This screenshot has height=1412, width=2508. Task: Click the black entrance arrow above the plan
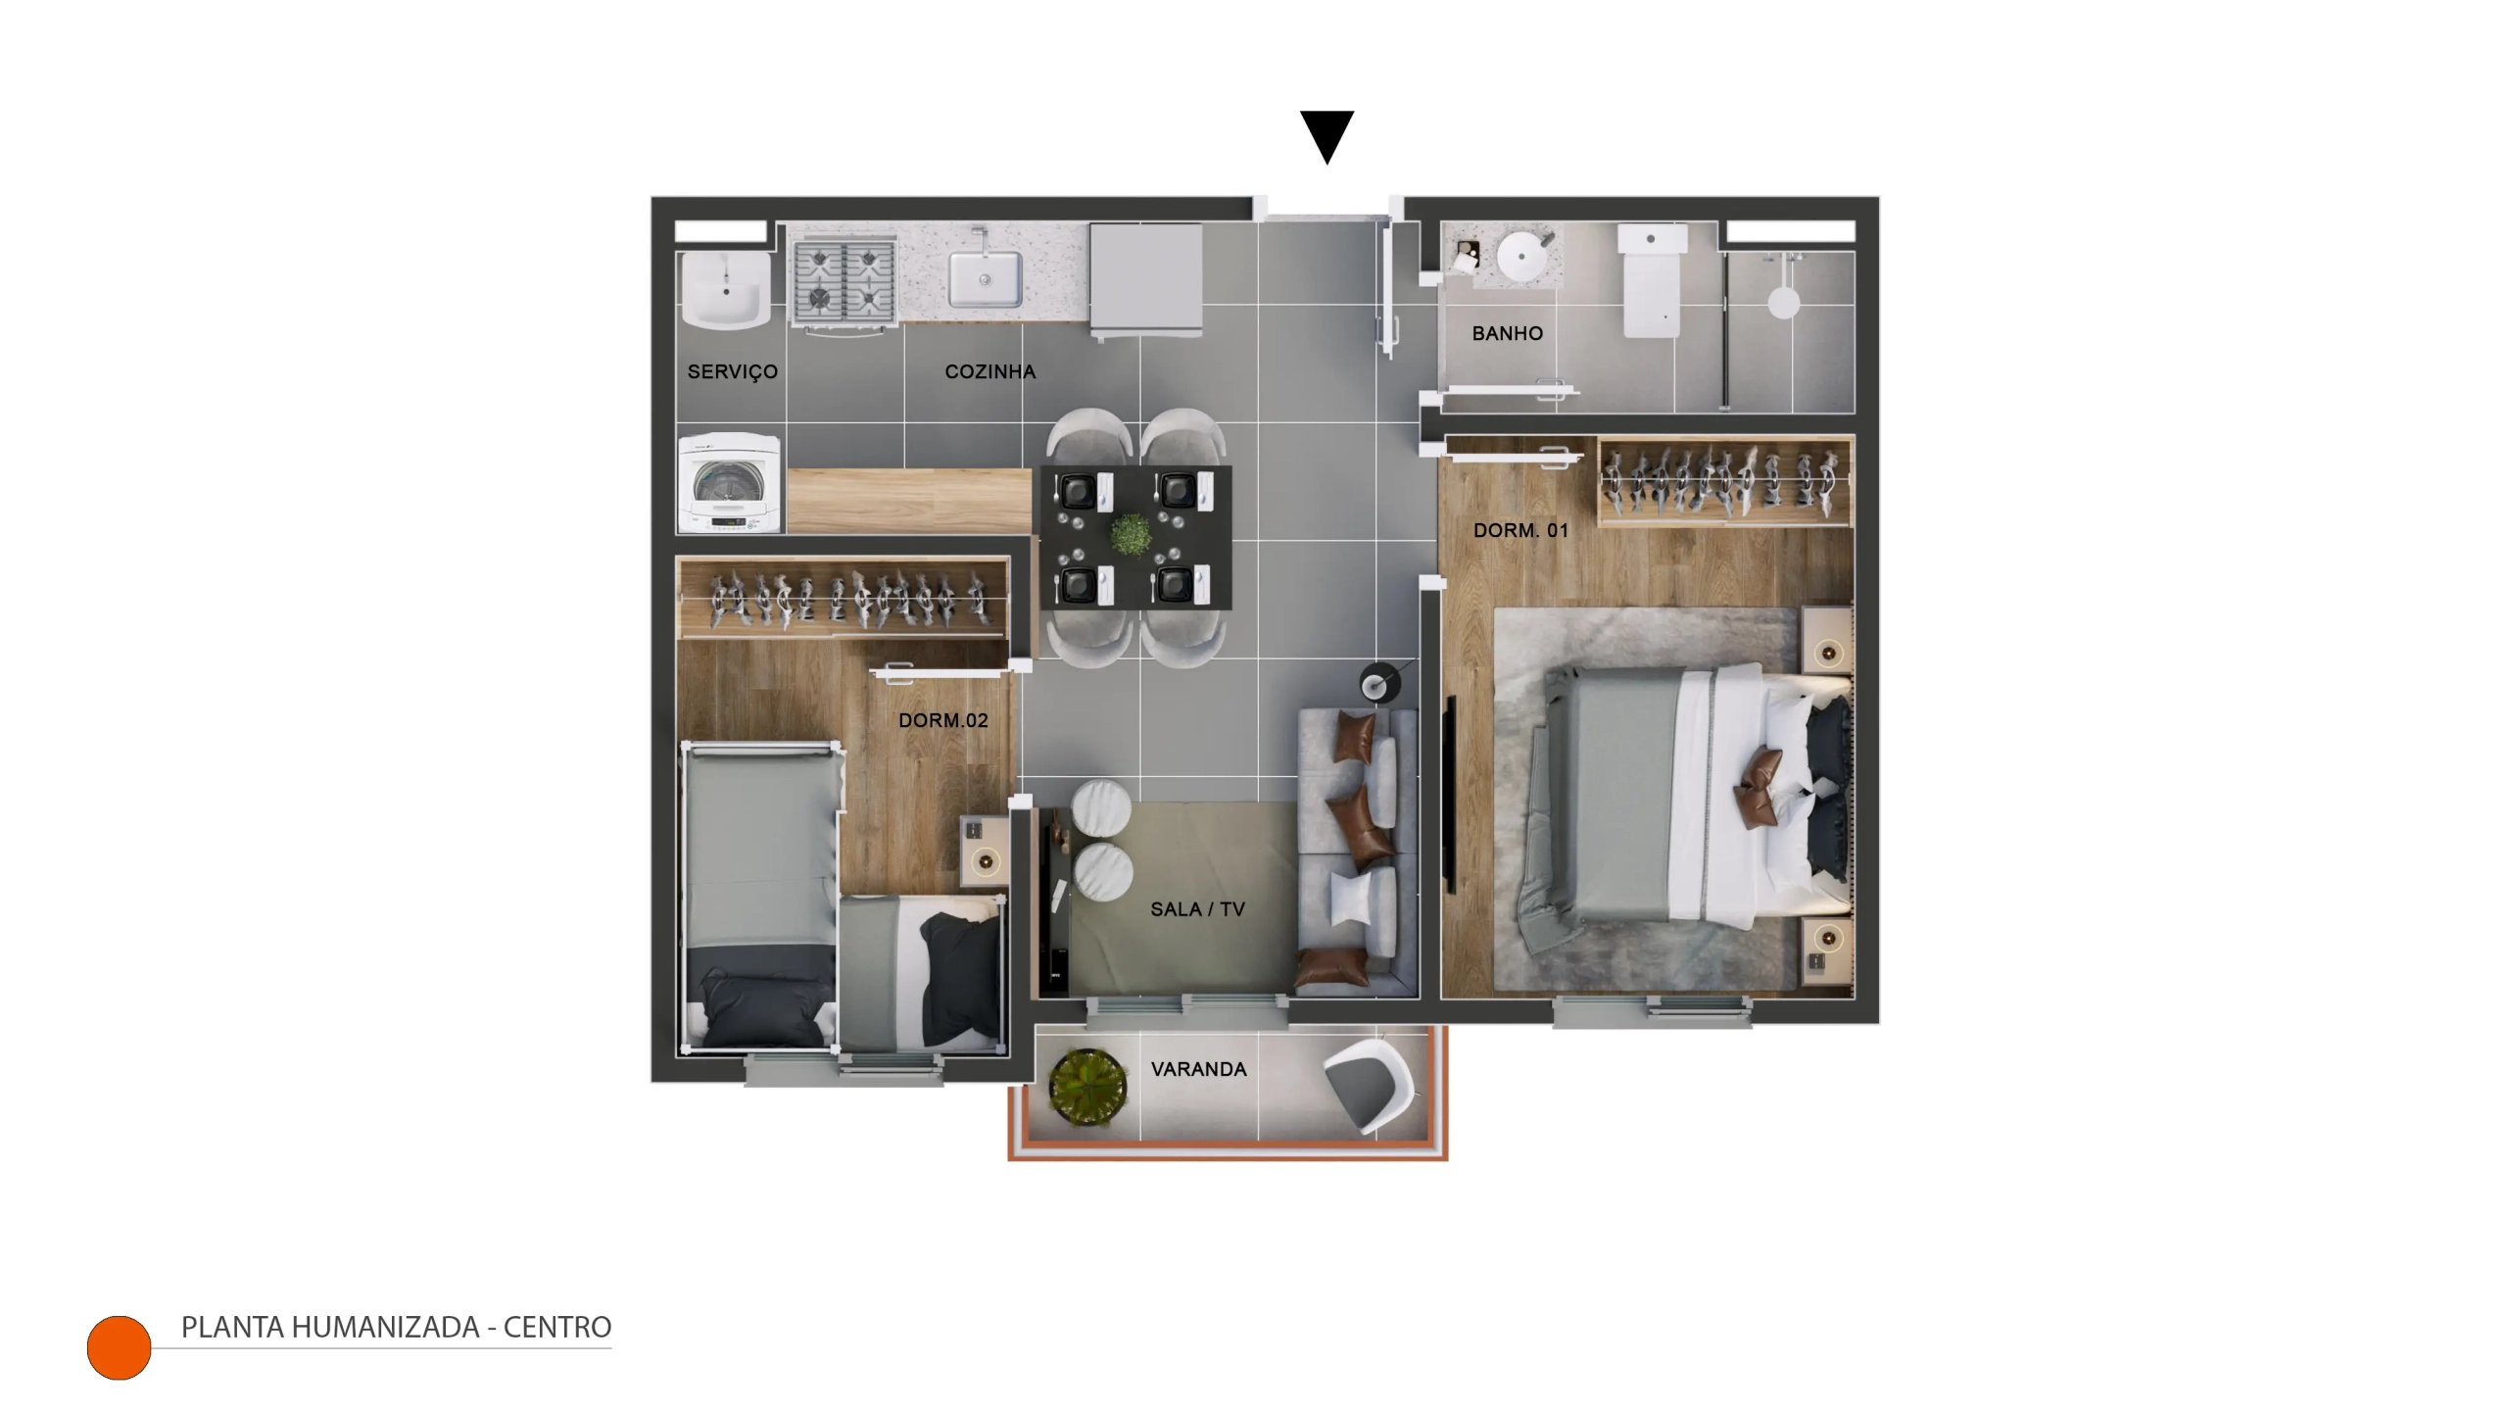click(x=1326, y=135)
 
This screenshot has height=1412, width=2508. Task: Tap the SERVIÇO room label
click(x=733, y=372)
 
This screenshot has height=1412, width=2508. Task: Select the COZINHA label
click(x=989, y=371)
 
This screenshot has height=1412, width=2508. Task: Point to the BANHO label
click(x=1507, y=333)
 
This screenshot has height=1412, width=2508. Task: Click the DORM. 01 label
click(x=1520, y=530)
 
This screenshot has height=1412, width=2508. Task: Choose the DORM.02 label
click(x=942, y=720)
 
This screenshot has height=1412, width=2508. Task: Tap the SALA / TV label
click(x=1197, y=909)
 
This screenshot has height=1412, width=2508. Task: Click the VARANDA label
click(x=1198, y=1069)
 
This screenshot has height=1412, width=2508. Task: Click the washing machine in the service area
click(x=730, y=484)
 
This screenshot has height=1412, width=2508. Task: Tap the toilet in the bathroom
click(x=1653, y=280)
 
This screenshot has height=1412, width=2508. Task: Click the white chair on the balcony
click(x=1370, y=1085)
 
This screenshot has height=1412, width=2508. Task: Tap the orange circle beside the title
click(x=119, y=1347)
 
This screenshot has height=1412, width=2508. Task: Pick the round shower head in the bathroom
click(x=1783, y=302)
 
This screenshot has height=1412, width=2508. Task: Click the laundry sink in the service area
click(x=724, y=290)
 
